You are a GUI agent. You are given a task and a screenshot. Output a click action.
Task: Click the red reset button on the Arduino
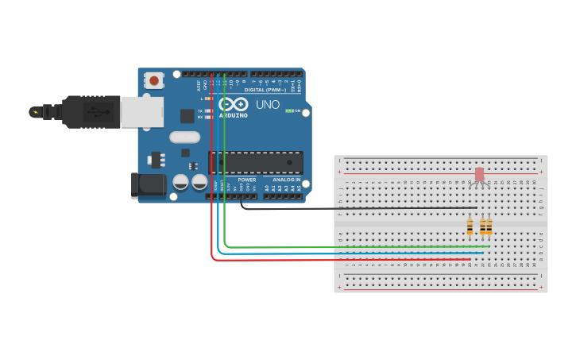153,80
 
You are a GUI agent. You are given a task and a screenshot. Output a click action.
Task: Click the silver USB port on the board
141,112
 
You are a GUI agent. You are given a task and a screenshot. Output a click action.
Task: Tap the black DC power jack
148,186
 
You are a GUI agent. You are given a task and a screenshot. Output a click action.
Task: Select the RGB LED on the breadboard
479,176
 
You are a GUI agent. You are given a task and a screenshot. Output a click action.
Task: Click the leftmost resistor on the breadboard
470,227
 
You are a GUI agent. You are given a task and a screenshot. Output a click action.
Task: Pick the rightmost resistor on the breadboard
489,227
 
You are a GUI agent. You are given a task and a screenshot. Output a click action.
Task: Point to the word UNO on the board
268,104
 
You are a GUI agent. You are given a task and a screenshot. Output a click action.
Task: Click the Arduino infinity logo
234,104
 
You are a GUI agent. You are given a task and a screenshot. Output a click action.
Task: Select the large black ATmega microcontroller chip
256,162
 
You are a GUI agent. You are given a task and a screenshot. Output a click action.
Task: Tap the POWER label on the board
247,180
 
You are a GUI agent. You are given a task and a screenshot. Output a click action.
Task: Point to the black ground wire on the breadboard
358,208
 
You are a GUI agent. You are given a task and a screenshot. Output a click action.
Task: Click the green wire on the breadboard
358,246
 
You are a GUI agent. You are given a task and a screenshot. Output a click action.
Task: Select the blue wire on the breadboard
358,253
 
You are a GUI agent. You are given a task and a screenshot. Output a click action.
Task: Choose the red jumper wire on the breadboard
358,259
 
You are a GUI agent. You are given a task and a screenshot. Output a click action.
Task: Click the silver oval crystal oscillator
184,137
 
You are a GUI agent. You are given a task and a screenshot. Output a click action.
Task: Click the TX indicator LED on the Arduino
207,110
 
